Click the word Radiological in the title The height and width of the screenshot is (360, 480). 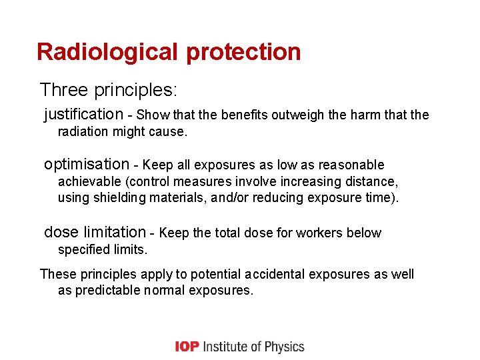coord(109,51)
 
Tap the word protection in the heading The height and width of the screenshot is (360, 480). coord(244,52)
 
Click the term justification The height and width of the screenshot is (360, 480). coord(83,115)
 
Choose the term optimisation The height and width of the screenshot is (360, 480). coord(87,164)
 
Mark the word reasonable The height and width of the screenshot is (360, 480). coord(351,165)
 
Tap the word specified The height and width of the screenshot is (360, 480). coord(83,250)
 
